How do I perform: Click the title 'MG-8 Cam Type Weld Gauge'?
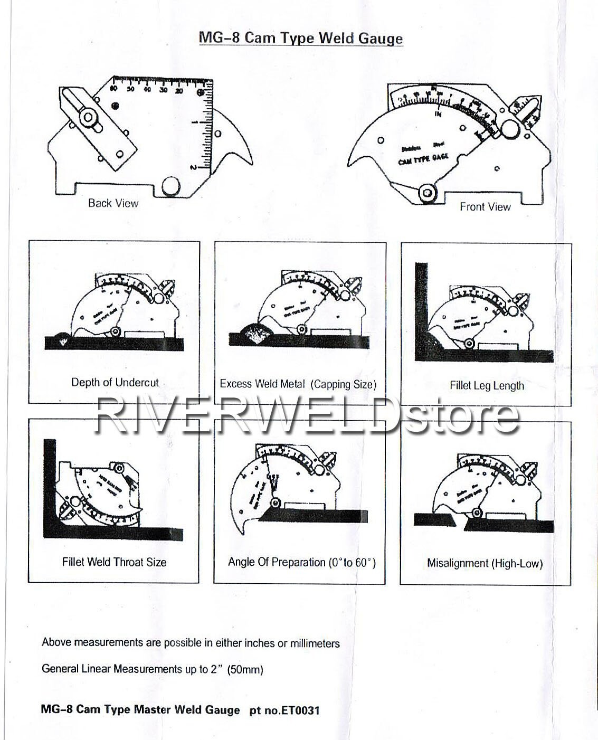300,38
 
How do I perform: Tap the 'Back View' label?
113,203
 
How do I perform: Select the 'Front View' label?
485,207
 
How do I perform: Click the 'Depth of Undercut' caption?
115,383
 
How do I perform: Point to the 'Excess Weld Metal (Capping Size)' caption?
298,384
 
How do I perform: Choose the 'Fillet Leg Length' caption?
487,386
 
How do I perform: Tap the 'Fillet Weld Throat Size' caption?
114,562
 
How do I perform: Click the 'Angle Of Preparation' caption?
301,563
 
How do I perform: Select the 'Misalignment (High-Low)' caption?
485,563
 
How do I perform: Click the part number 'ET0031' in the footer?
300,710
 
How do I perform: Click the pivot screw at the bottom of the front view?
427,194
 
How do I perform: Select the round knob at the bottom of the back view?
170,186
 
